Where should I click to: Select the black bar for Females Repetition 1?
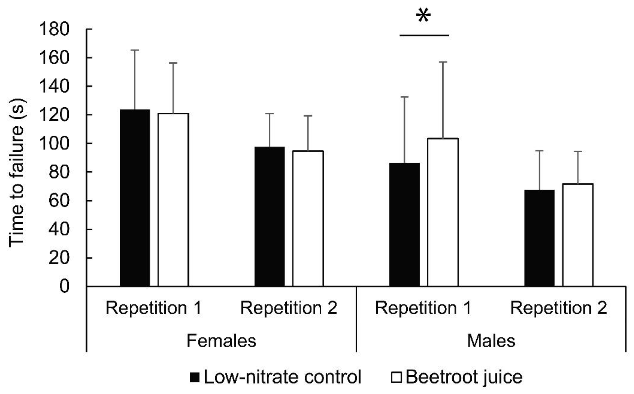(135, 198)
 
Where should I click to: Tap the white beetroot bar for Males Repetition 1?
(443, 212)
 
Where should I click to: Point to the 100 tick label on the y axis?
(54, 143)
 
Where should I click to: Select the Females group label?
(221, 341)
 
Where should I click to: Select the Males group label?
(491, 341)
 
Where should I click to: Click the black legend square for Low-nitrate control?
(195, 377)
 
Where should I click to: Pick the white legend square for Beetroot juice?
(396, 377)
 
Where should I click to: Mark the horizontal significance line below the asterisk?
(424, 35)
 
